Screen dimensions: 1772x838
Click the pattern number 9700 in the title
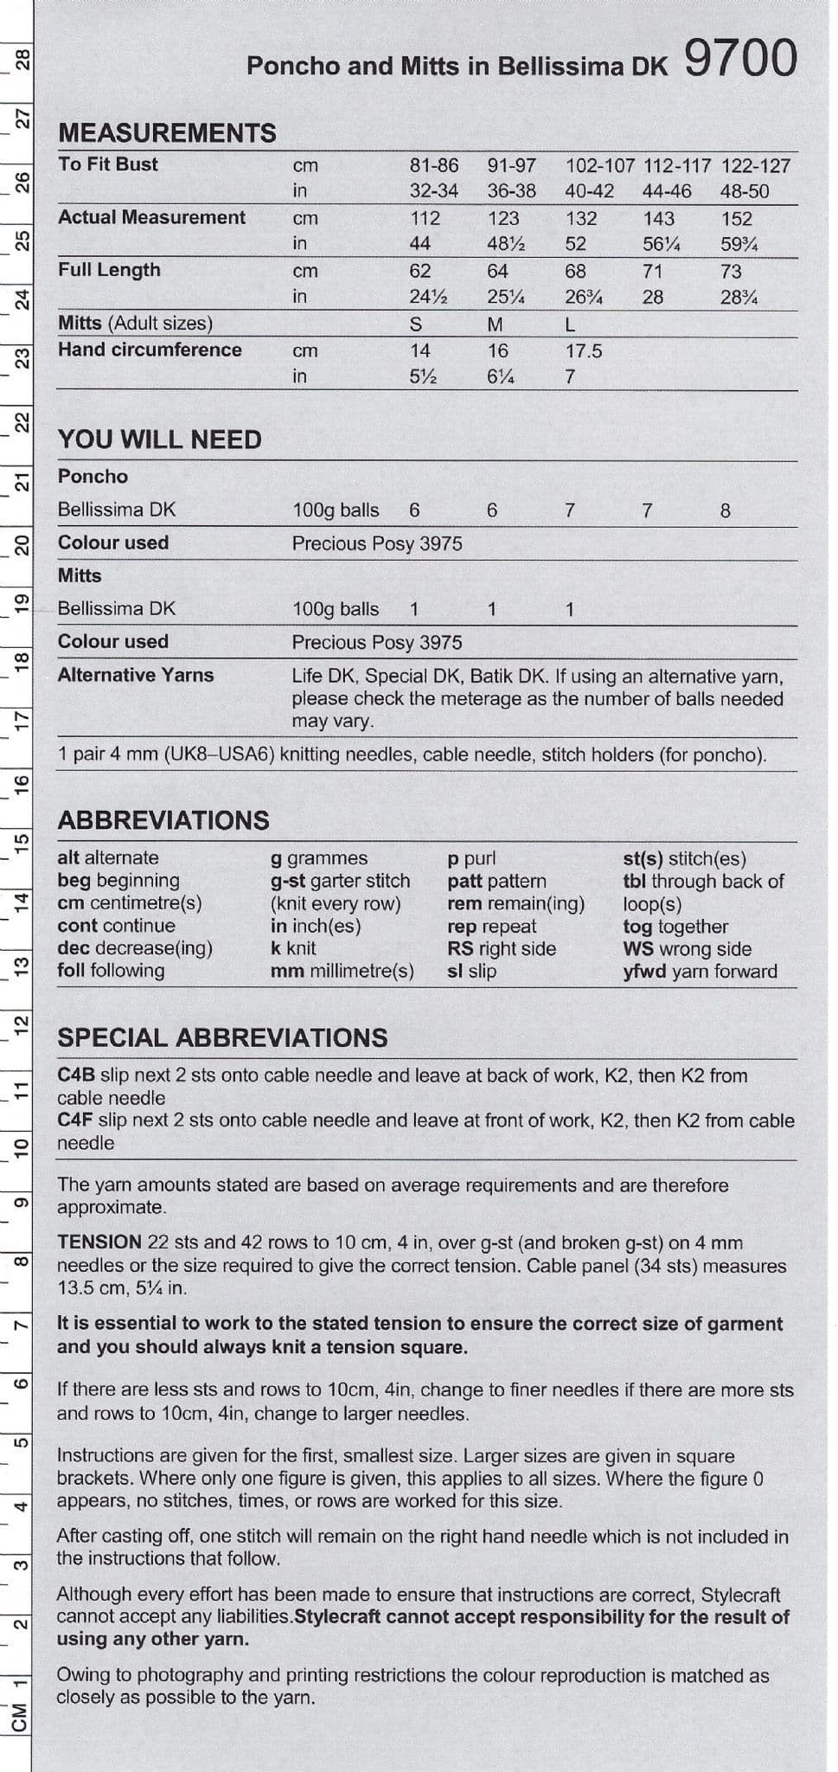[x=740, y=61]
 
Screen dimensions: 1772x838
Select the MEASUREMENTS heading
[x=167, y=133]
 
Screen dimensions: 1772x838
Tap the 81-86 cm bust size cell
[x=433, y=165]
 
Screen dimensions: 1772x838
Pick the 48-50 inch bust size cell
[x=744, y=191]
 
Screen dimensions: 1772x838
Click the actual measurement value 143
[x=658, y=219]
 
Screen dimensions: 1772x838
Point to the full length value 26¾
[x=583, y=298]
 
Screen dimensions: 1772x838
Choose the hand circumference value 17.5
[x=583, y=351]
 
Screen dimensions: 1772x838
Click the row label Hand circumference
[x=150, y=350]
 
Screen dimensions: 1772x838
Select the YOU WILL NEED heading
[x=160, y=440]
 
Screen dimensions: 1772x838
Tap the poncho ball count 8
[x=725, y=510]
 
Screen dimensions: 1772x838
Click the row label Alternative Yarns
[x=135, y=675]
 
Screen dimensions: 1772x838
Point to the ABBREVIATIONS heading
[x=163, y=820]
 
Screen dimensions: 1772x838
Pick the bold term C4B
[x=76, y=1075]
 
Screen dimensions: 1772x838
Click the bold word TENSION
[x=99, y=1242]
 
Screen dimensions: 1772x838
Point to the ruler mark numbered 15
[x=22, y=841]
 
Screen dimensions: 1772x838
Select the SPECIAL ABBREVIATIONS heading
[x=222, y=1038]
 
